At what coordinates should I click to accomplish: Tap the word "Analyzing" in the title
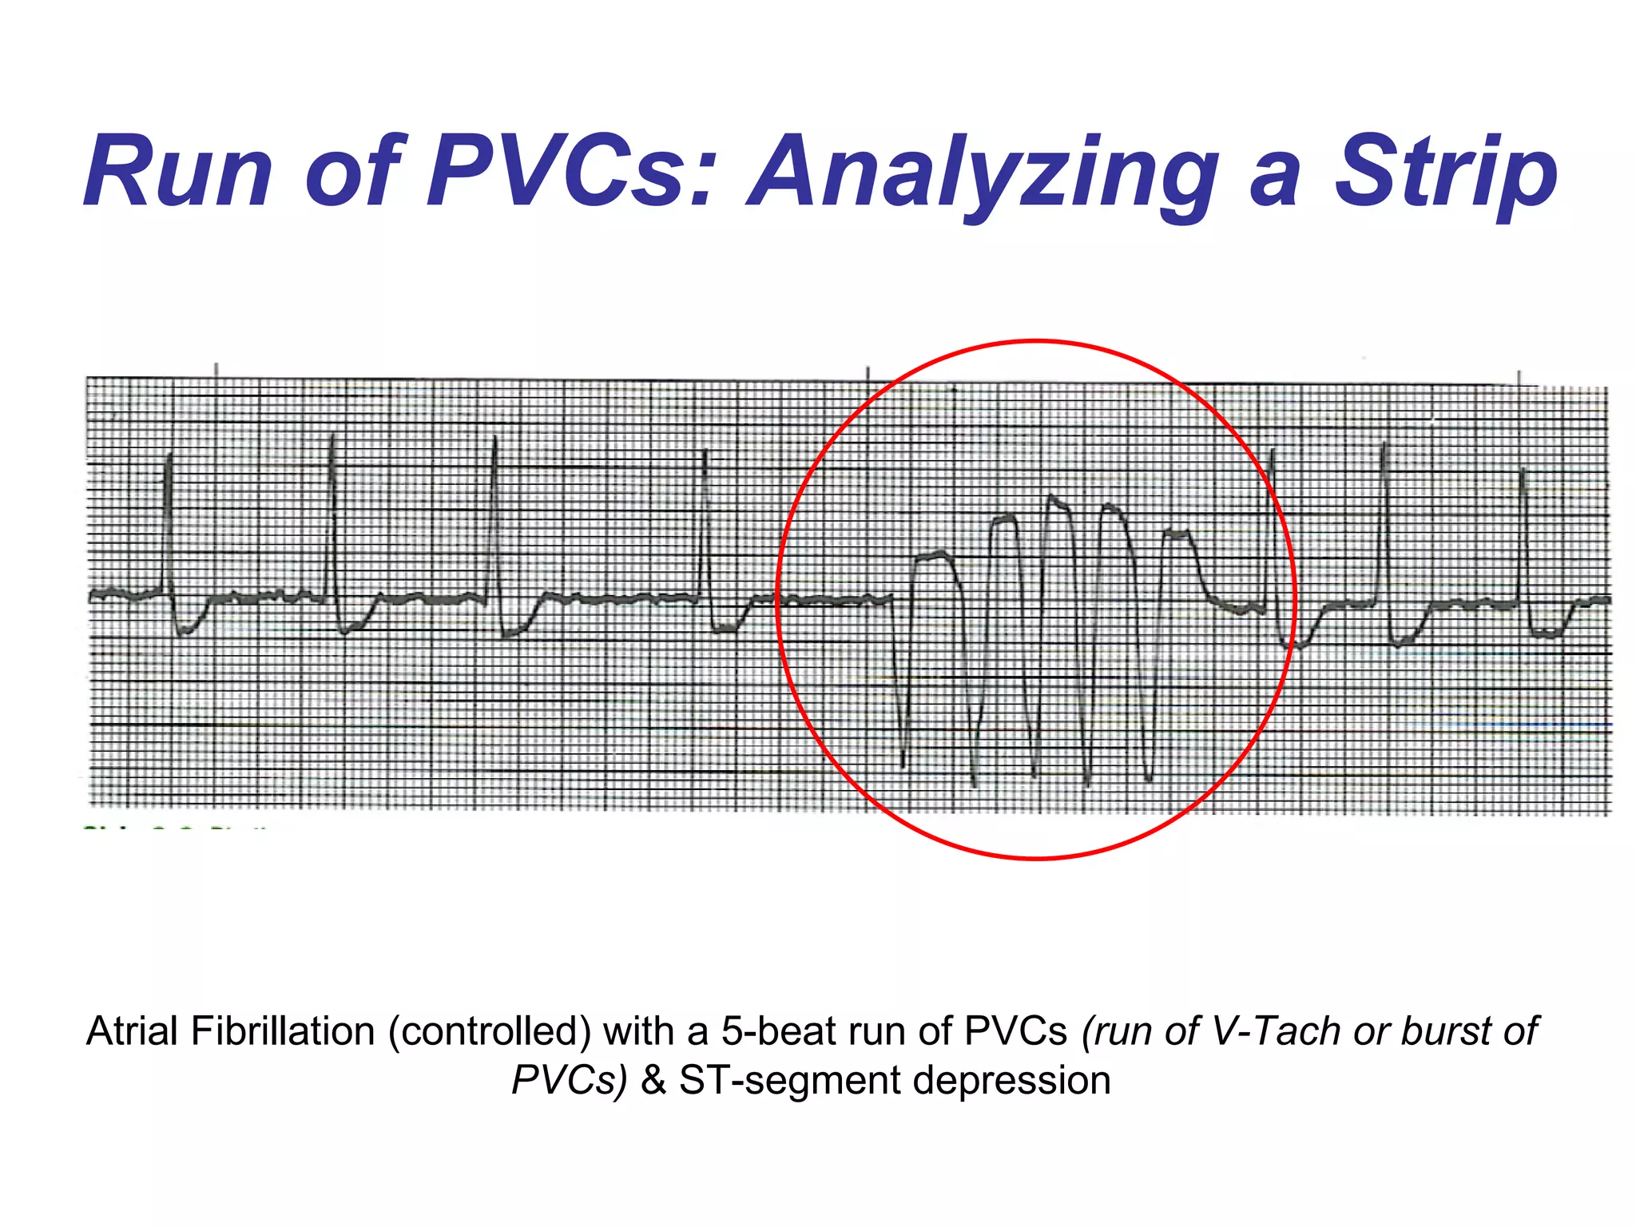point(983,173)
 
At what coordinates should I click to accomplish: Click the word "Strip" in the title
point(1446,173)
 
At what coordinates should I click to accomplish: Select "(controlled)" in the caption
point(490,1031)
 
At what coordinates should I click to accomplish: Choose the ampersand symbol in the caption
point(653,1081)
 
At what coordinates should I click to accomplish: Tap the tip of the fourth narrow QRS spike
point(705,452)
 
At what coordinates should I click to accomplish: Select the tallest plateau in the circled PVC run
point(1057,501)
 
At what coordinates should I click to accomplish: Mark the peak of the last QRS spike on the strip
point(1523,470)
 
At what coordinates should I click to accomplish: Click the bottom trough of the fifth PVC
point(1148,778)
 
